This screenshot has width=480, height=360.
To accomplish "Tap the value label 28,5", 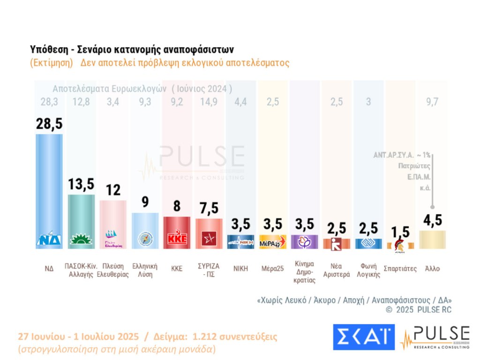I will pyautogui.click(x=49, y=125).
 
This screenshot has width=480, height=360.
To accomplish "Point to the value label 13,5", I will pyautogui.click(x=81, y=184).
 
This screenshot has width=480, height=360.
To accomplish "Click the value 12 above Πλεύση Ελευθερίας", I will pyautogui.click(x=113, y=190).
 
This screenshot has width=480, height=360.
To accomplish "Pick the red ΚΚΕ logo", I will pyautogui.click(x=177, y=238).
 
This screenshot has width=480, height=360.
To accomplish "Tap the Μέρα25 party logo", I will pyautogui.click(x=272, y=242).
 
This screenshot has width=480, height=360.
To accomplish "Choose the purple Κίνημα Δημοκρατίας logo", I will pyautogui.click(x=304, y=242).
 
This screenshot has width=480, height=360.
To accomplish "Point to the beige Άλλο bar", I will pyautogui.click(x=432, y=240).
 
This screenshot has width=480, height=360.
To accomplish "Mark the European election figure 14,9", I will pyautogui.click(x=209, y=102).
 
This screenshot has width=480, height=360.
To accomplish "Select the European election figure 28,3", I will pyautogui.click(x=49, y=102).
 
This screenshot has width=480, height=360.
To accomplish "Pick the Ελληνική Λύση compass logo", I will pyautogui.click(x=145, y=239).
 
